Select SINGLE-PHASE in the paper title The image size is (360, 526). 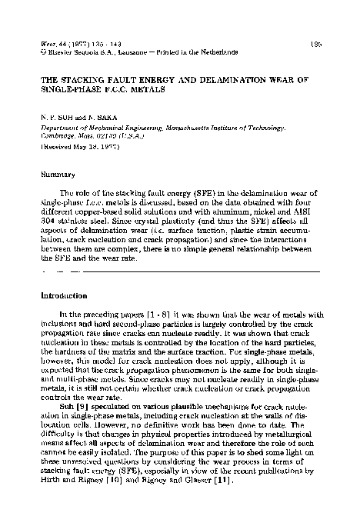67,90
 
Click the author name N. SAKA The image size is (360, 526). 94,114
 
